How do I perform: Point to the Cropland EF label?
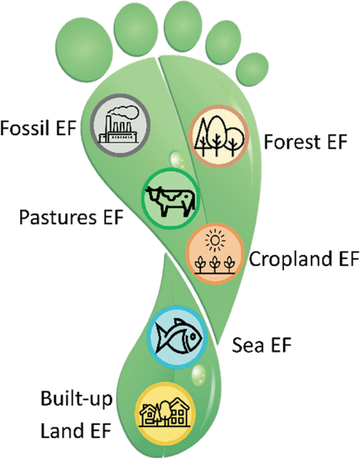coord(303,259)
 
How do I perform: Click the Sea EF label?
coord(261,346)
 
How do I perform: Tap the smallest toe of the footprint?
coord(251,69)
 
